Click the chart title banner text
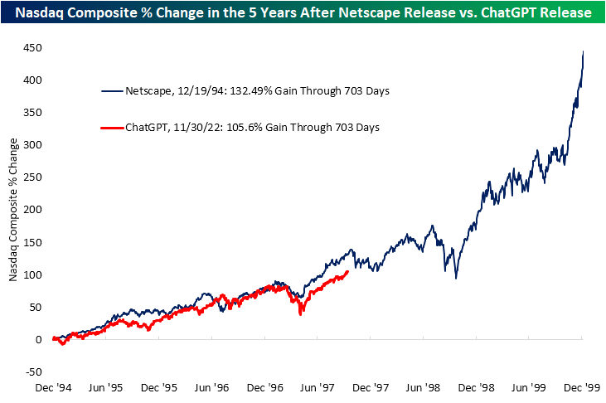[303, 13]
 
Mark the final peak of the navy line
[584, 51]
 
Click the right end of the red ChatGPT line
[347, 271]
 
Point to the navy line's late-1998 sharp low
[456, 278]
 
